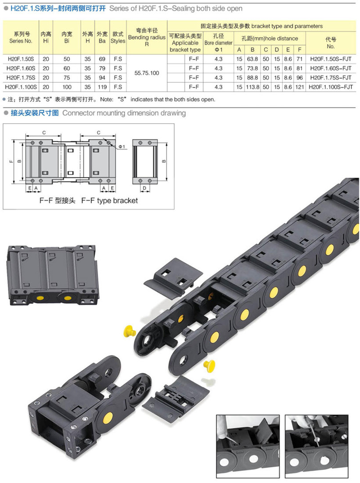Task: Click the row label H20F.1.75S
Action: tap(21, 77)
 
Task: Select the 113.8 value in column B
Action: tap(252, 87)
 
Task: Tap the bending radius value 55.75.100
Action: tap(147, 73)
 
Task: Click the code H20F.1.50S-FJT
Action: tap(330, 59)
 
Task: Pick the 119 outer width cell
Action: tap(102, 87)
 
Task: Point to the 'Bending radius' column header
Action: tap(147, 37)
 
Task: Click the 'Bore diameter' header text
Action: tap(218, 43)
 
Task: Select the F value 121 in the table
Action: tap(300, 87)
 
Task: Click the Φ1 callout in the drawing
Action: tap(121, 147)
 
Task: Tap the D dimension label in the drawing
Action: tap(144, 188)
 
